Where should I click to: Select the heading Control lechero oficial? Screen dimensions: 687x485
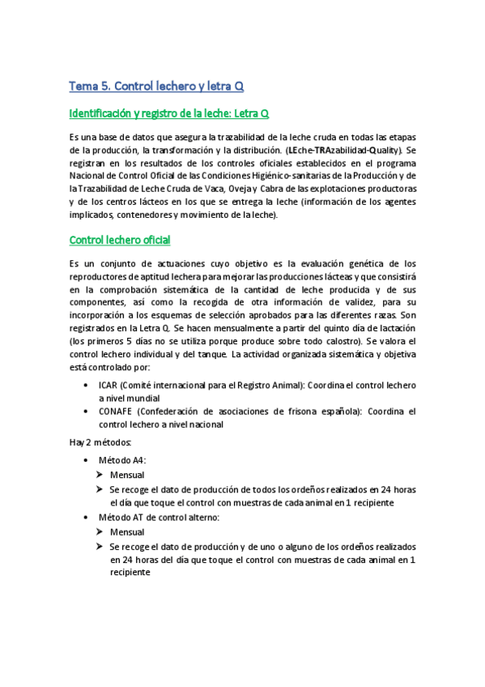click(x=120, y=240)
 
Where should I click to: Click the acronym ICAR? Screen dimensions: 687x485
click(x=108, y=386)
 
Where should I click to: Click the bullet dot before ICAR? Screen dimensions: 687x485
click(x=86, y=386)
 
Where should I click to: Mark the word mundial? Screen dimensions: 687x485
click(x=143, y=399)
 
